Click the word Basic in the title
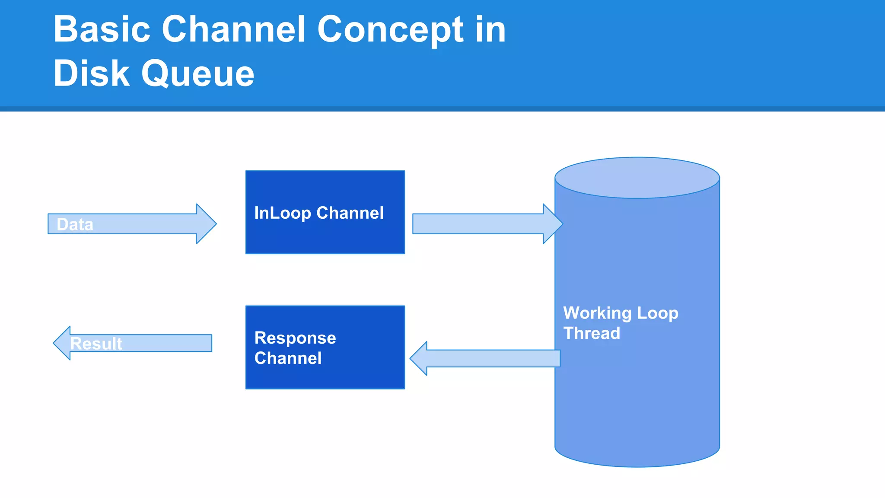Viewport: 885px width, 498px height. click(102, 29)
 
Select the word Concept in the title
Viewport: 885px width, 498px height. click(391, 29)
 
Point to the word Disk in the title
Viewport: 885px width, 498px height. click(91, 73)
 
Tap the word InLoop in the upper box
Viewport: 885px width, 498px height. click(282, 213)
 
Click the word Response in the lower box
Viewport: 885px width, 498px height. click(295, 338)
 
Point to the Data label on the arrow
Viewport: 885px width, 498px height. click(75, 224)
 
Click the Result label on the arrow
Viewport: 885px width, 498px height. click(96, 344)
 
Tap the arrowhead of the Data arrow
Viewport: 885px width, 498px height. click(207, 224)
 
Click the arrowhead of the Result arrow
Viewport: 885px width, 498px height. click(62, 343)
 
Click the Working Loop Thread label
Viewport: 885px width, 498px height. click(621, 322)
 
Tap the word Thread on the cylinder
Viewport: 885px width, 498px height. click(592, 333)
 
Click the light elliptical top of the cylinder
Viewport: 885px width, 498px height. click(637, 178)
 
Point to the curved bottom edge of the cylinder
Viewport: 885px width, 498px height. click(637, 465)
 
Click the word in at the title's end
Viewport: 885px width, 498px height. click(490, 29)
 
